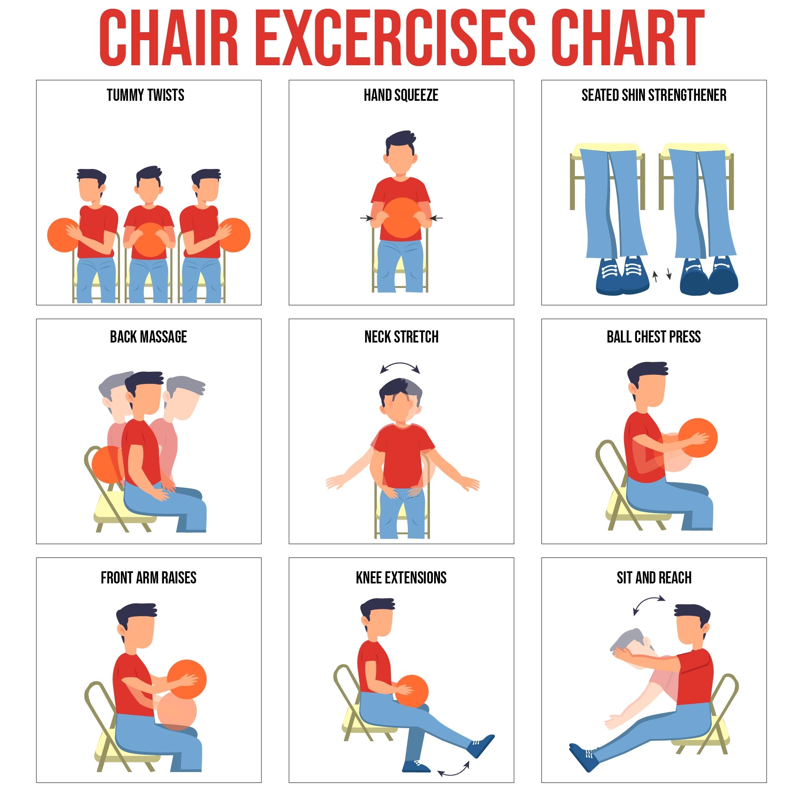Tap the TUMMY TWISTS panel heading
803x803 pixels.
(x=145, y=95)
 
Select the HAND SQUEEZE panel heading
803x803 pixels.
(x=401, y=95)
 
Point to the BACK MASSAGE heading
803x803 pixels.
(x=148, y=337)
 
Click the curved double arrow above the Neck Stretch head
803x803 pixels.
(x=400, y=367)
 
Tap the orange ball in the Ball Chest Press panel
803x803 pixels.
(x=698, y=437)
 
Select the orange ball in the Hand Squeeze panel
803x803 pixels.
(x=401, y=218)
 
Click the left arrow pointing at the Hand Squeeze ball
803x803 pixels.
(x=367, y=218)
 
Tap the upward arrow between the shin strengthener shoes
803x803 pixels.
(x=655, y=276)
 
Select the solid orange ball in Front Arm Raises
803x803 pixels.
(x=187, y=679)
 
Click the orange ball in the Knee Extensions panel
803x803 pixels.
(x=412, y=691)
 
